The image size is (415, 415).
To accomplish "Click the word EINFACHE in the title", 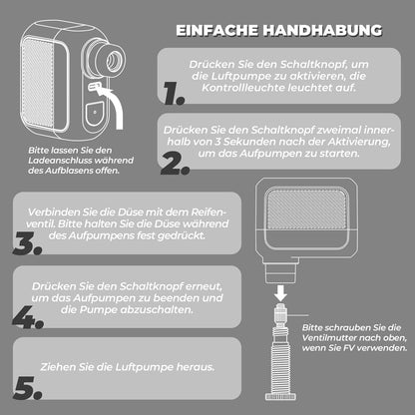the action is pos(216,30).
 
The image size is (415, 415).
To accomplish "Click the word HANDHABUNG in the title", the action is pos(322,30).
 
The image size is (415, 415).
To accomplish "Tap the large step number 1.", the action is pos(174,94).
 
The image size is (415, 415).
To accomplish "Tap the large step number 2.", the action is pos(176,164).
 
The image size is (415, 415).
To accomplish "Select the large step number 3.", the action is pos(27,243).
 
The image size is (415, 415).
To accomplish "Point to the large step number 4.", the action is pos(28,317).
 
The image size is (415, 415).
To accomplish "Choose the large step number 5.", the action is pos(28,388).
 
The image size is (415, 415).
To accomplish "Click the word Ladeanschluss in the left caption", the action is pos(56,161).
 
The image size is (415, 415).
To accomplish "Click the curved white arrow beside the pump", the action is pos(114,105).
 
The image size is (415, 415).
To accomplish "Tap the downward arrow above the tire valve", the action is pos(280,292).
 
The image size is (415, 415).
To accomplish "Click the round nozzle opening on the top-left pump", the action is pos(114,61).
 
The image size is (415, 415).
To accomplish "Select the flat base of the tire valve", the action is pos(281,396).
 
